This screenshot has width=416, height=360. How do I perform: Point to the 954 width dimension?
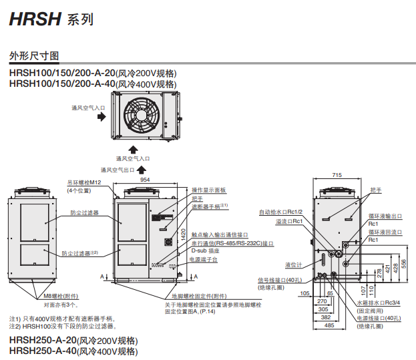(144, 180)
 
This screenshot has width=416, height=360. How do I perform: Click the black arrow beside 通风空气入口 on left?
(101, 116)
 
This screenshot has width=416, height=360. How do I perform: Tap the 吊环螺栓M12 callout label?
(83, 182)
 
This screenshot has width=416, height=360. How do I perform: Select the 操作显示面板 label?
(209, 190)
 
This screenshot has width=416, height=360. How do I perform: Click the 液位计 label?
(294, 264)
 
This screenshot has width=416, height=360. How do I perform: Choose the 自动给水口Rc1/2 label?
(282, 212)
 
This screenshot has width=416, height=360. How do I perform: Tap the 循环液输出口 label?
(385, 216)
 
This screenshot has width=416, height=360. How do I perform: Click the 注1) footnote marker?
(14, 319)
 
